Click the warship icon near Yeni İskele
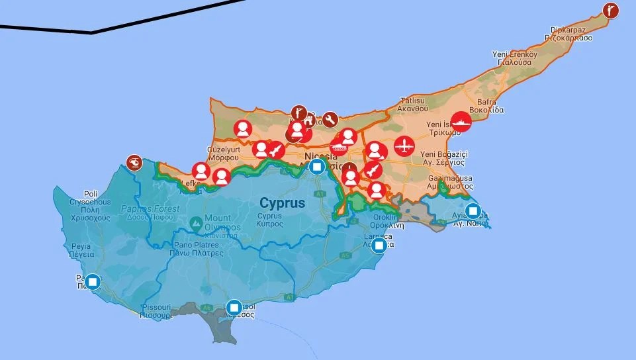[461, 122]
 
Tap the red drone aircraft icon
[403, 146]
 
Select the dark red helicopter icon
[134, 162]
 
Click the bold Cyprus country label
[283, 202]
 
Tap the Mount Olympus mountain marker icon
[196, 225]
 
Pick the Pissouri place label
[156, 308]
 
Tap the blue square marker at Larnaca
[379, 246]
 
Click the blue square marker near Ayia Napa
[473, 212]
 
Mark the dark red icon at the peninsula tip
[611, 10]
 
